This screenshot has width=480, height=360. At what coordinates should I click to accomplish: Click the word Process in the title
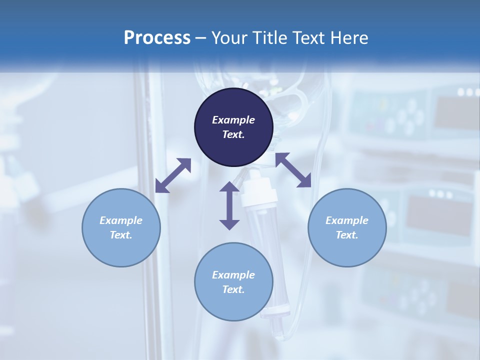point(157,38)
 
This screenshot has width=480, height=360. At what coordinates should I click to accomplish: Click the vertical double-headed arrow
point(229,205)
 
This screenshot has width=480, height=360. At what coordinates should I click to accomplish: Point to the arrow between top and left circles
point(173,175)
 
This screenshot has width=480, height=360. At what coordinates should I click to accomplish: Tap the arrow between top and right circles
point(293,170)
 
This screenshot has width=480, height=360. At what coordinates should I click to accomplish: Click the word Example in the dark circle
point(233,120)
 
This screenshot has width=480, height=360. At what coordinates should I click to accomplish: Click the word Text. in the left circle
point(121,235)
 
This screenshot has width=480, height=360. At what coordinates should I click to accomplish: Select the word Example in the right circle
point(347,220)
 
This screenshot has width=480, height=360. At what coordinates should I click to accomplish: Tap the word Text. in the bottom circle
point(233,289)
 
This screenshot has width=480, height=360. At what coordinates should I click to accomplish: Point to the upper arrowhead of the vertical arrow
point(229,187)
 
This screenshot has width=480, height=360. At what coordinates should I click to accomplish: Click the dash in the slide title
point(200,38)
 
